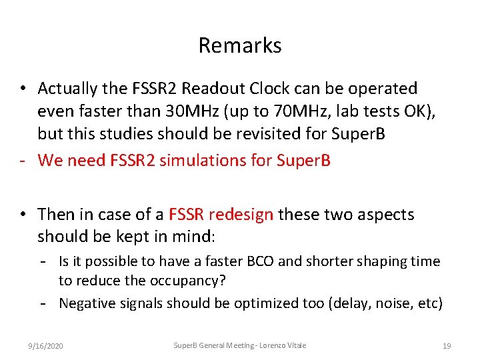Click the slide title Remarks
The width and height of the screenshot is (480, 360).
240,45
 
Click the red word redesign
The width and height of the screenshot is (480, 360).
241,215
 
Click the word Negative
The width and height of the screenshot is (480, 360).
87,303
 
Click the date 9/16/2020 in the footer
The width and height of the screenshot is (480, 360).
46,346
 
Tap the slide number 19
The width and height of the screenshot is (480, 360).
447,346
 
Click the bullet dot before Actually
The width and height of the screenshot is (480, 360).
23,89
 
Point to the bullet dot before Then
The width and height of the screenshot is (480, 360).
23,215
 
